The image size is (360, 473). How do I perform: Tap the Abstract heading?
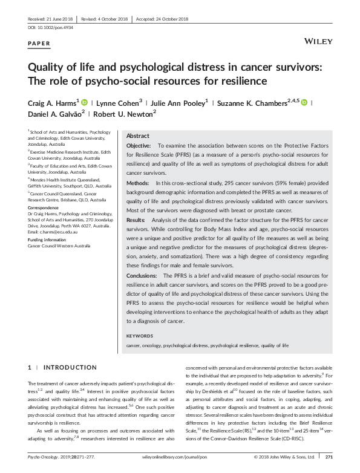[x=137, y=136]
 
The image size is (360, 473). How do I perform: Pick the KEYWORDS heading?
[x=140, y=335]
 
